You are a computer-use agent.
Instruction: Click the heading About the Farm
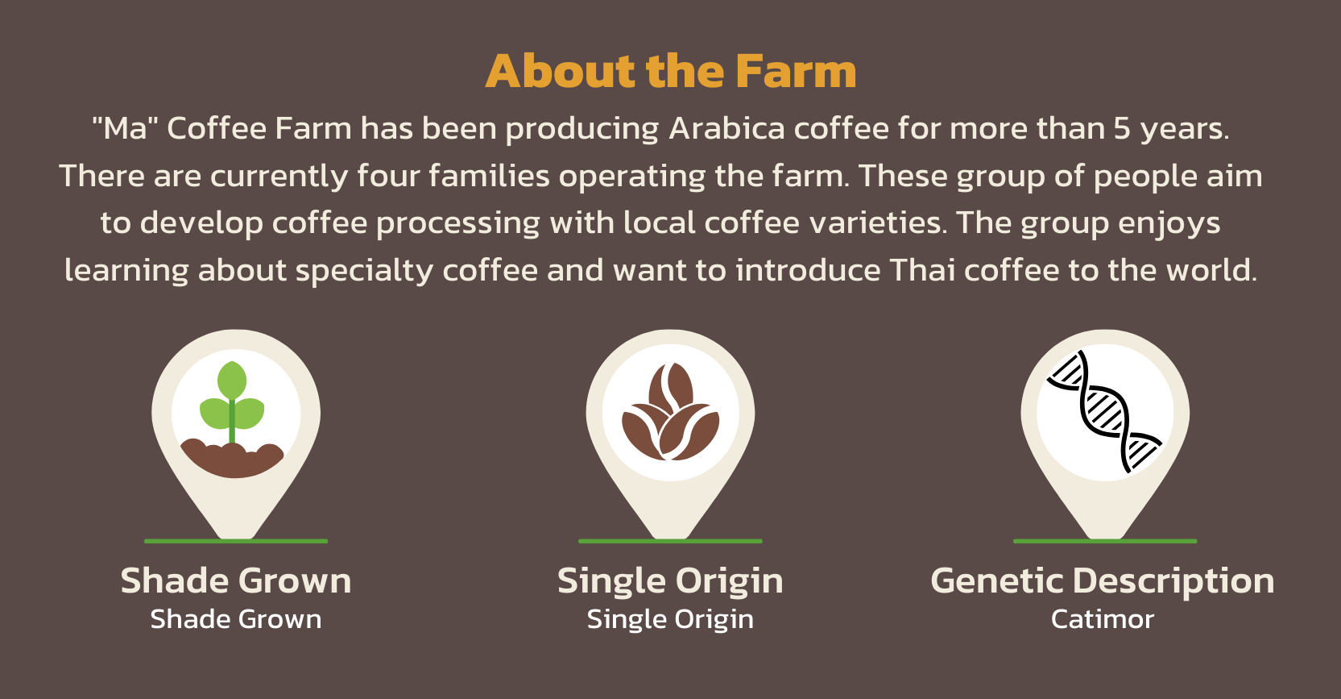click(670, 71)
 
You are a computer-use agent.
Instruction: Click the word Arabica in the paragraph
click(726, 128)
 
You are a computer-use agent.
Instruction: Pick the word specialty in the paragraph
click(365, 271)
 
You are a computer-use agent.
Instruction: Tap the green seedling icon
click(232, 402)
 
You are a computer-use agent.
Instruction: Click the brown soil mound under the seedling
click(232, 460)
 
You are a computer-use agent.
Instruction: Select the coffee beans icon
click(670, 412)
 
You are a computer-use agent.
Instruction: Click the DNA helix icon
click(1104, 411)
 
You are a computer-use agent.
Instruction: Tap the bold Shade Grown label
click(236, 581)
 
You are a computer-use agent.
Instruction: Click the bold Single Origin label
click(670, 581)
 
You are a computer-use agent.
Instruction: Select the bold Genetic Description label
click(1103, 581)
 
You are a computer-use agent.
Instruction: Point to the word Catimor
click(1103, 619)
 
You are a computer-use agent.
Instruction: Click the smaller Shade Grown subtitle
click(236, 619)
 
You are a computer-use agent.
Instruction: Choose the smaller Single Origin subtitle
click(670, 620)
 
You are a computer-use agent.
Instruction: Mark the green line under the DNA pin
click(1105, 541)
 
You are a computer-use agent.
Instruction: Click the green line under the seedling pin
click(236, 541)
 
